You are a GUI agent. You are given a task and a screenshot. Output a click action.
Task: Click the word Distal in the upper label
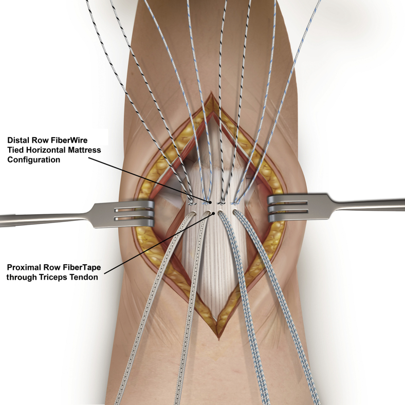(x=20, y=140)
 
